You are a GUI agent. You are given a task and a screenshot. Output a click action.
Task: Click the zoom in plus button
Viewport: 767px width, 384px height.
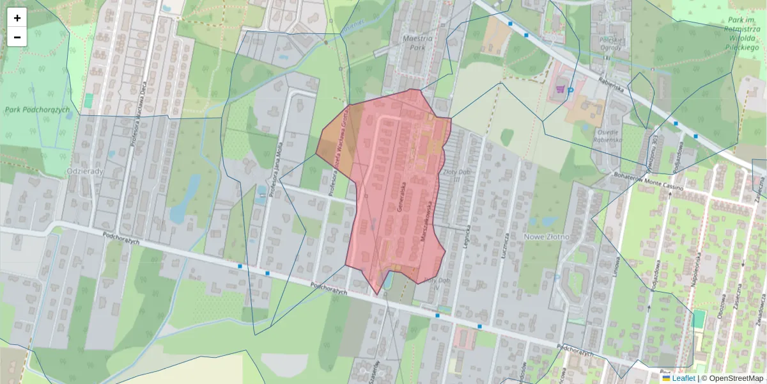(x=17, y=18)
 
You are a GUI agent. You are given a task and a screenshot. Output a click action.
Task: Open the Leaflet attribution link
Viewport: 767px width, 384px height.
(x=683, y=378)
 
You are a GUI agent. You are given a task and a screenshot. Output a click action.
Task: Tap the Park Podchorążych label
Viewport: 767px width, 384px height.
(x=37, y=110)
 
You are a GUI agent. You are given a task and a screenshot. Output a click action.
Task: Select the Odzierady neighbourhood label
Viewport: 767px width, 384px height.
(x=86, y=172)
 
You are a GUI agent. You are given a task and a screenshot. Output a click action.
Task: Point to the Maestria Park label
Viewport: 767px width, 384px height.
(x=419, y=43)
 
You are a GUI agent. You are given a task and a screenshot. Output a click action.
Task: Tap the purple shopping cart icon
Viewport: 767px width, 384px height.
(x=561, y=90)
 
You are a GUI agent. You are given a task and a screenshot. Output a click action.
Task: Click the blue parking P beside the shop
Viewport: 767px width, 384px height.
(x=570, y=91)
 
